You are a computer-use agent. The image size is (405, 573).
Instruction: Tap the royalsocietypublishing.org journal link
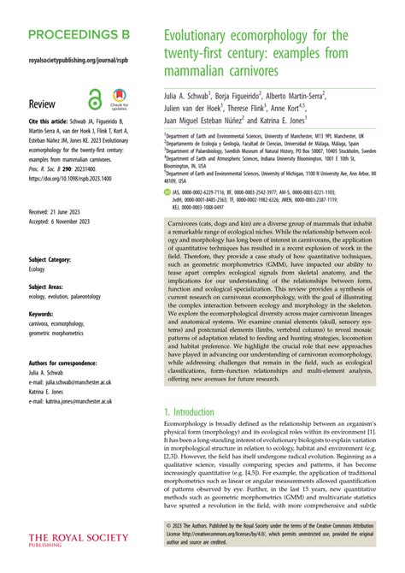pos(74,62)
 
